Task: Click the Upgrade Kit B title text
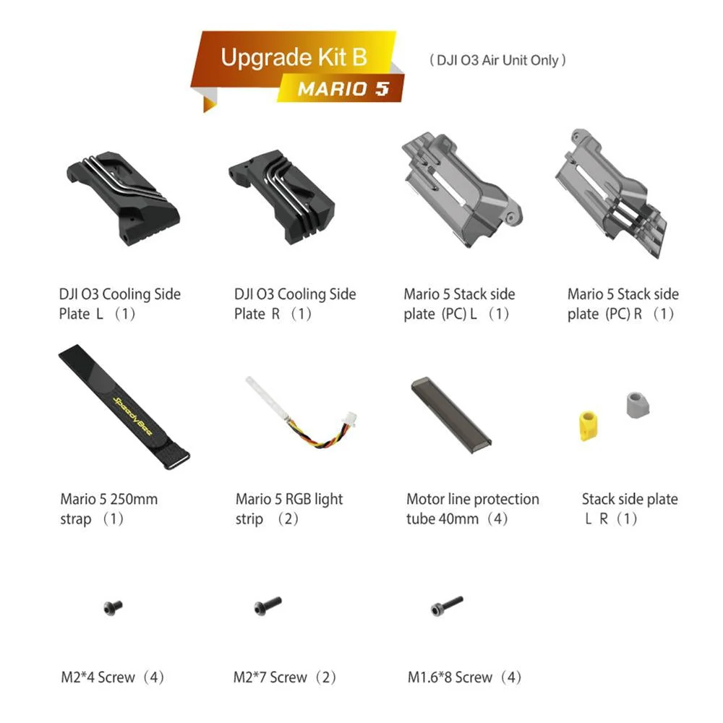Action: (294, 58)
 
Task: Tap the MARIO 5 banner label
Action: (343, 88)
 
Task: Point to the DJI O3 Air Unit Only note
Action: (497, 60)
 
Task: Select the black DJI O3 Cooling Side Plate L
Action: (123, 198)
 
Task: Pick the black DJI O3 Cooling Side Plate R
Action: (282, 196)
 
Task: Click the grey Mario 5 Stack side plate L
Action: (461, 189)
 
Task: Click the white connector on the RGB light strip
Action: (351, 419)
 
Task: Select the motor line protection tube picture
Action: (451, 416)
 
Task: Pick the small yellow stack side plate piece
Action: (588, 424)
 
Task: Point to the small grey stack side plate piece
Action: (638, 405)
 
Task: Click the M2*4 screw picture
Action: (113, 607)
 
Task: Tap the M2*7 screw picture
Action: (268, 605)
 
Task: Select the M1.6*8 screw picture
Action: (446, 605)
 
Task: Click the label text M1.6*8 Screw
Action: (450, 677)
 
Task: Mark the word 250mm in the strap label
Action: (134, 499)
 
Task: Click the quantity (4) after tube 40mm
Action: (497, 518)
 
